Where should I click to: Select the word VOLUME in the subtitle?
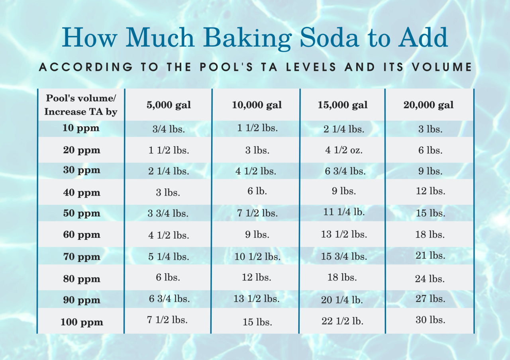click(x=442, y=67)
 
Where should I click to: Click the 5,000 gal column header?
click(x=169, y=105)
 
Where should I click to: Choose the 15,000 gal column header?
click(x=343, y=105)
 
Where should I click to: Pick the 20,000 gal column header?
click(x=428, y=105)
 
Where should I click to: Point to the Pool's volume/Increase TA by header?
click(x=81, y=105)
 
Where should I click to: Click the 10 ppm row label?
click(x=81, y=128)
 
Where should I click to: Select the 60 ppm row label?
click(x=82, y=235)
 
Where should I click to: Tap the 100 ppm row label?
click(x=82, y=322)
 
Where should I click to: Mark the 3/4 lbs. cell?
click(x=168, y=129)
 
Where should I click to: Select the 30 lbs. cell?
click(x=430, y=319)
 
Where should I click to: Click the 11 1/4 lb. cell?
click(x=344, y=212)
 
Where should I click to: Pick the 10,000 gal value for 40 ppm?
click(x=257, y=191)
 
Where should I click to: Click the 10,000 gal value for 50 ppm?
click(x=257, y=213)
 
